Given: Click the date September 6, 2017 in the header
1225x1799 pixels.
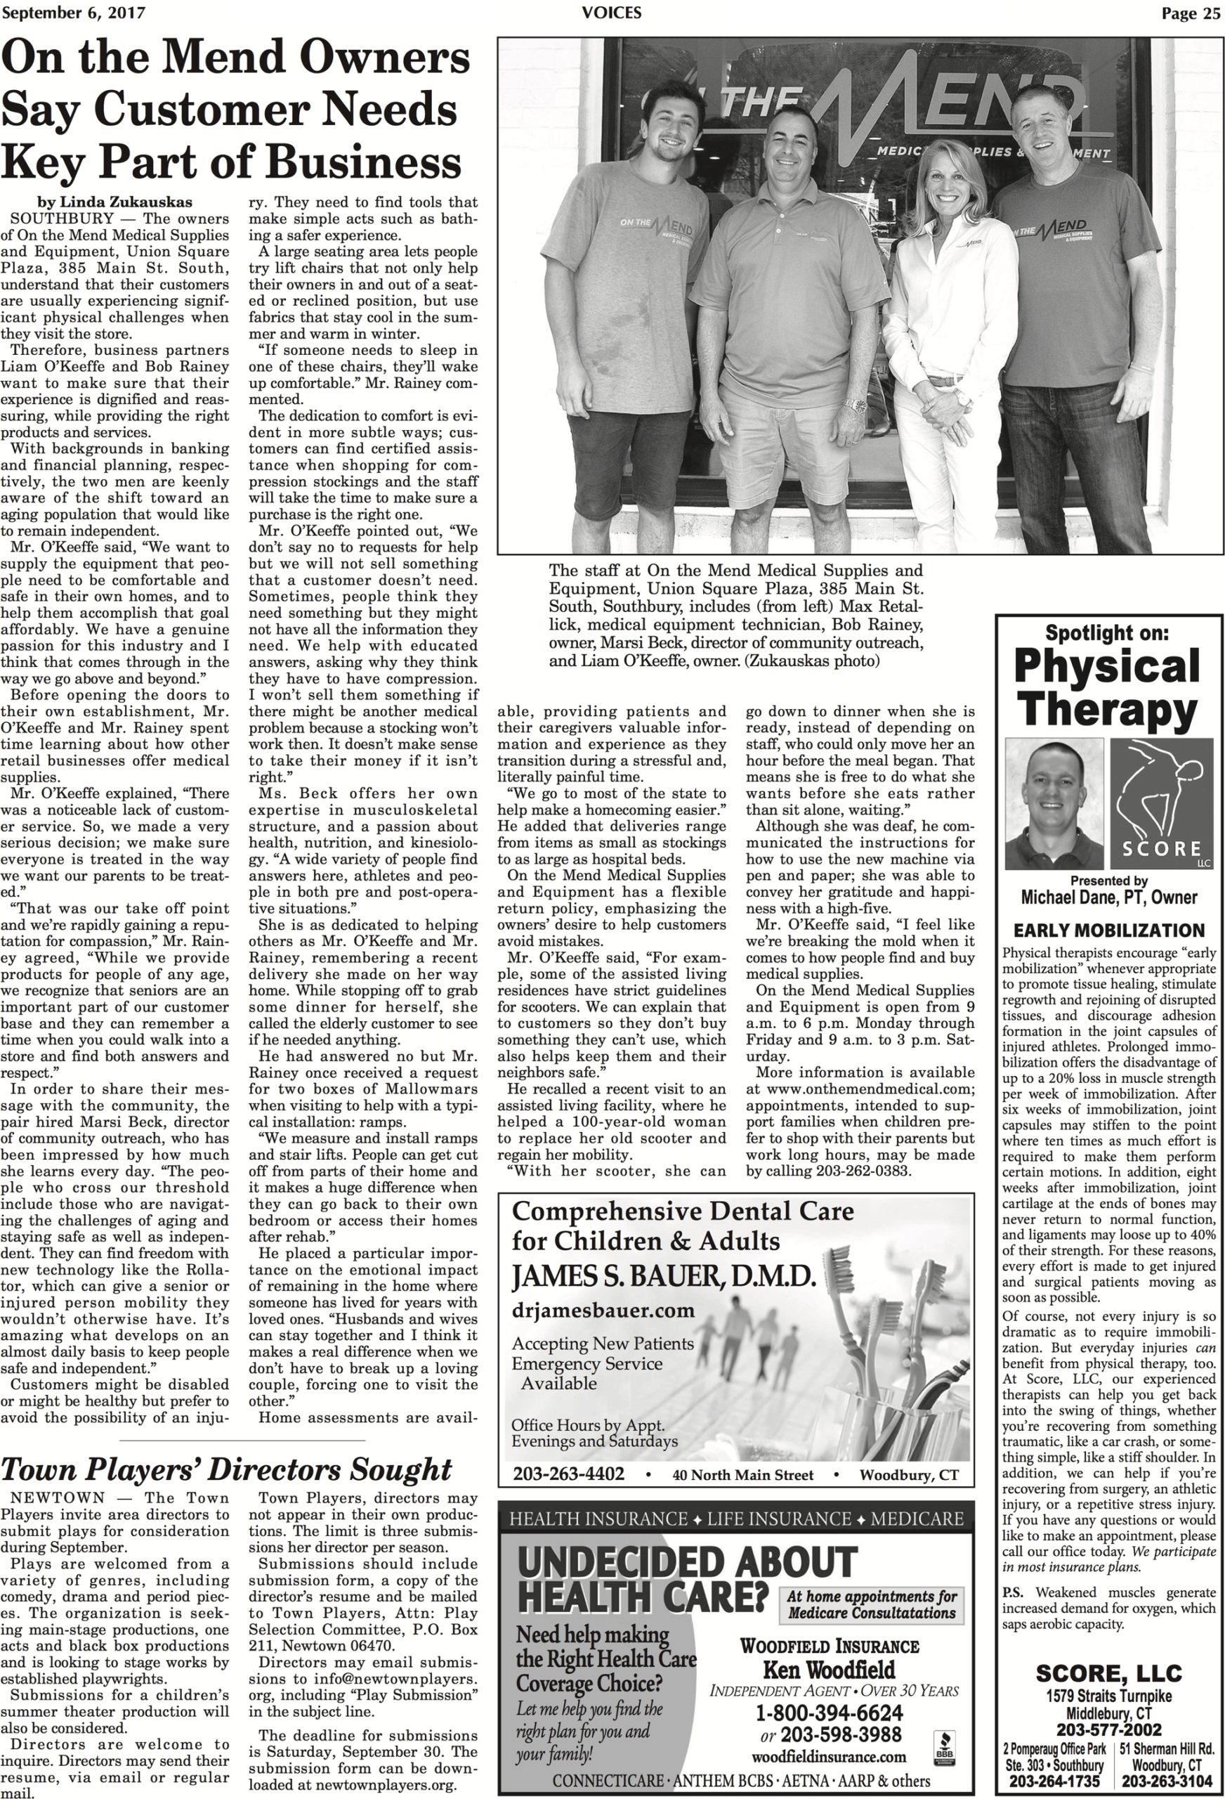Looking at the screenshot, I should coord(73,13).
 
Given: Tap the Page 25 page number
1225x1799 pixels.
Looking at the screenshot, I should coord(1190,13).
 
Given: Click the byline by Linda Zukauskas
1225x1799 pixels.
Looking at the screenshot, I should coord(114,203).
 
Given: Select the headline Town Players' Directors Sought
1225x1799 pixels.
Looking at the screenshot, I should coord(226,1469).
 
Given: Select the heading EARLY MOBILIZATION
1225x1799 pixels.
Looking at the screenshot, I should coord(1109,930).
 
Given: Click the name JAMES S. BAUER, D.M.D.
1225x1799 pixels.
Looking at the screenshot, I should coord(664,1275).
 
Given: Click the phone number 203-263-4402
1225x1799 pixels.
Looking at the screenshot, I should coord(568,1474).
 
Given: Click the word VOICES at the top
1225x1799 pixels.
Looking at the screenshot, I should coord(611,13).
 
